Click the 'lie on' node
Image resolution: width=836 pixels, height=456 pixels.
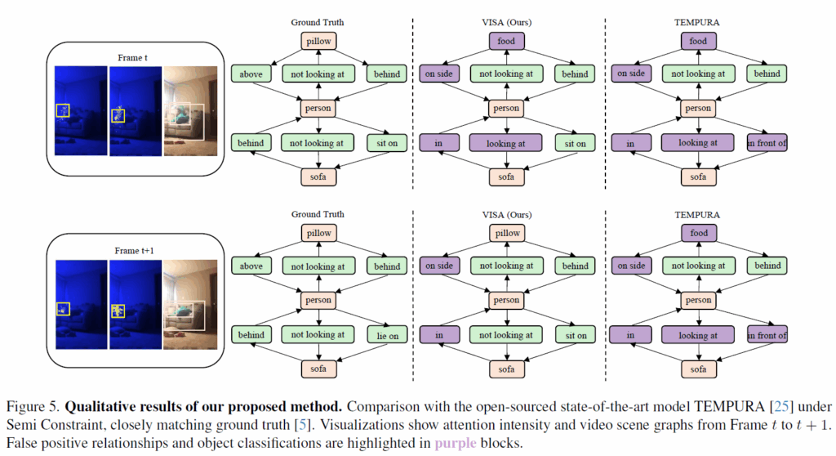pos(387,334)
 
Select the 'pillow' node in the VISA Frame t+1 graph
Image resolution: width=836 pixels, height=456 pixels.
pos(507,233)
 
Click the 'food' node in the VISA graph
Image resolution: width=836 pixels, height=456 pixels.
pos(507,40)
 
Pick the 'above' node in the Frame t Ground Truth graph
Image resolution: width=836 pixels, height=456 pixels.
pos(251,74)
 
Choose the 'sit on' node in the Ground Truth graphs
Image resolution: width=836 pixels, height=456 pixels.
pos(387,142)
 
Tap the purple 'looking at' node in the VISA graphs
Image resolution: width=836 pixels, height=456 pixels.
pos(507,142)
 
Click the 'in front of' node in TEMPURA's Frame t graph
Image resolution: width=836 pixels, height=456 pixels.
pos(767,142)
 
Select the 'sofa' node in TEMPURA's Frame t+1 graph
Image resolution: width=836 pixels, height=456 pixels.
pos(698,369)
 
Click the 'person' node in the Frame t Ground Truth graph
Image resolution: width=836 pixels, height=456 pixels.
pos(318,108)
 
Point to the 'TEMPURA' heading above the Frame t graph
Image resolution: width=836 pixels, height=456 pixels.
pos(698,22)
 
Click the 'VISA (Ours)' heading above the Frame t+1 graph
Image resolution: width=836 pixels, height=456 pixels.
pos(507,215)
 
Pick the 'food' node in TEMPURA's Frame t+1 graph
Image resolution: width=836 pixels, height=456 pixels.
pos(698,233)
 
